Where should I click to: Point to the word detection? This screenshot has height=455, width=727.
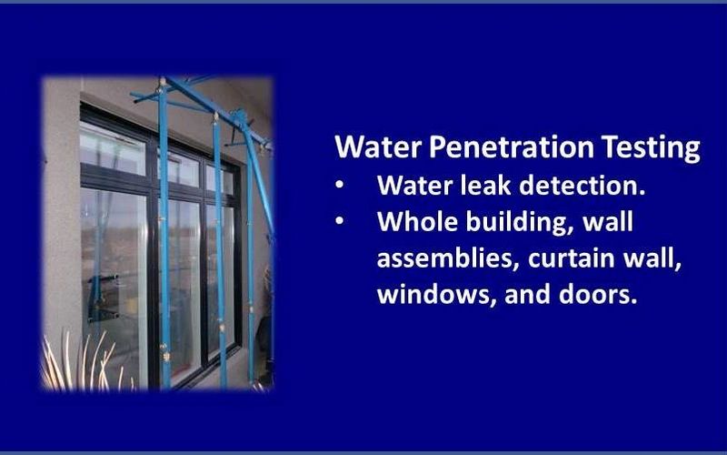(x=582, y=186)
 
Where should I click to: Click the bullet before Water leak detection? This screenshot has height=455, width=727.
(x=340, y=186)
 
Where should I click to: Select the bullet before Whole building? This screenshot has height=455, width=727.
(x=340, y=221)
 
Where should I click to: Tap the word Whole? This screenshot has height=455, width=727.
(x=417, y=221)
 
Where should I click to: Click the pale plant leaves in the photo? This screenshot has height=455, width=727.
(x=81, y=362)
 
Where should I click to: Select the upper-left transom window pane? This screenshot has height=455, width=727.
(x=113, y=147)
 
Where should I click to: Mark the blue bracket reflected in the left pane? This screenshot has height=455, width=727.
(x=103, y=298)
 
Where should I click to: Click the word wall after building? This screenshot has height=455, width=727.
(x=607, y=221)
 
